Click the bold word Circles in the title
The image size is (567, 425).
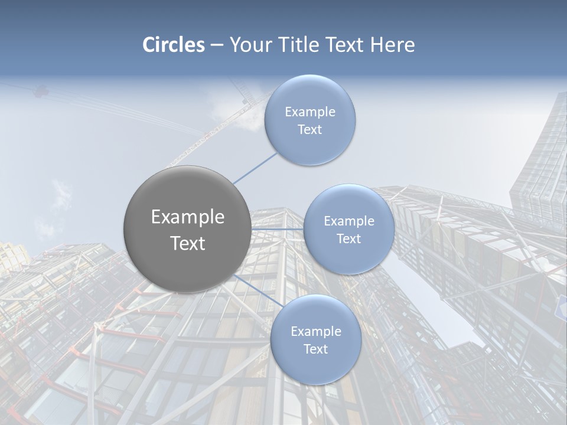pyautogui.click(x=174, y=45)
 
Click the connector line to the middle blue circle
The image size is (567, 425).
pyautogui.click(x=278, y=229)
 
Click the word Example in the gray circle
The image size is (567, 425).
pyautogui.click(x=188, y=217)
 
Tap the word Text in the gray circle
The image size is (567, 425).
pyautogui.click(x=188, y=243)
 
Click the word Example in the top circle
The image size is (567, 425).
pyautogui.click(x=309, y=112)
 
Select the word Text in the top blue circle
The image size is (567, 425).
pyautogui.click(x=309, y=130)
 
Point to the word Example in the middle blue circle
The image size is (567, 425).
pyautogui.click(x=348, y=221)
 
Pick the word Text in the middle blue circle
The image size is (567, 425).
pyautogui.click(x=348, y=239)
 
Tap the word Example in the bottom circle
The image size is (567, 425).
pyautogui.click(x=315, y=332)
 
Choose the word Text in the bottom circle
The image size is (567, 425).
pyautogui.click(x=315, y=349)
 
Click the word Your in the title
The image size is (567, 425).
pyautogui.click(x=247, y=45)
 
